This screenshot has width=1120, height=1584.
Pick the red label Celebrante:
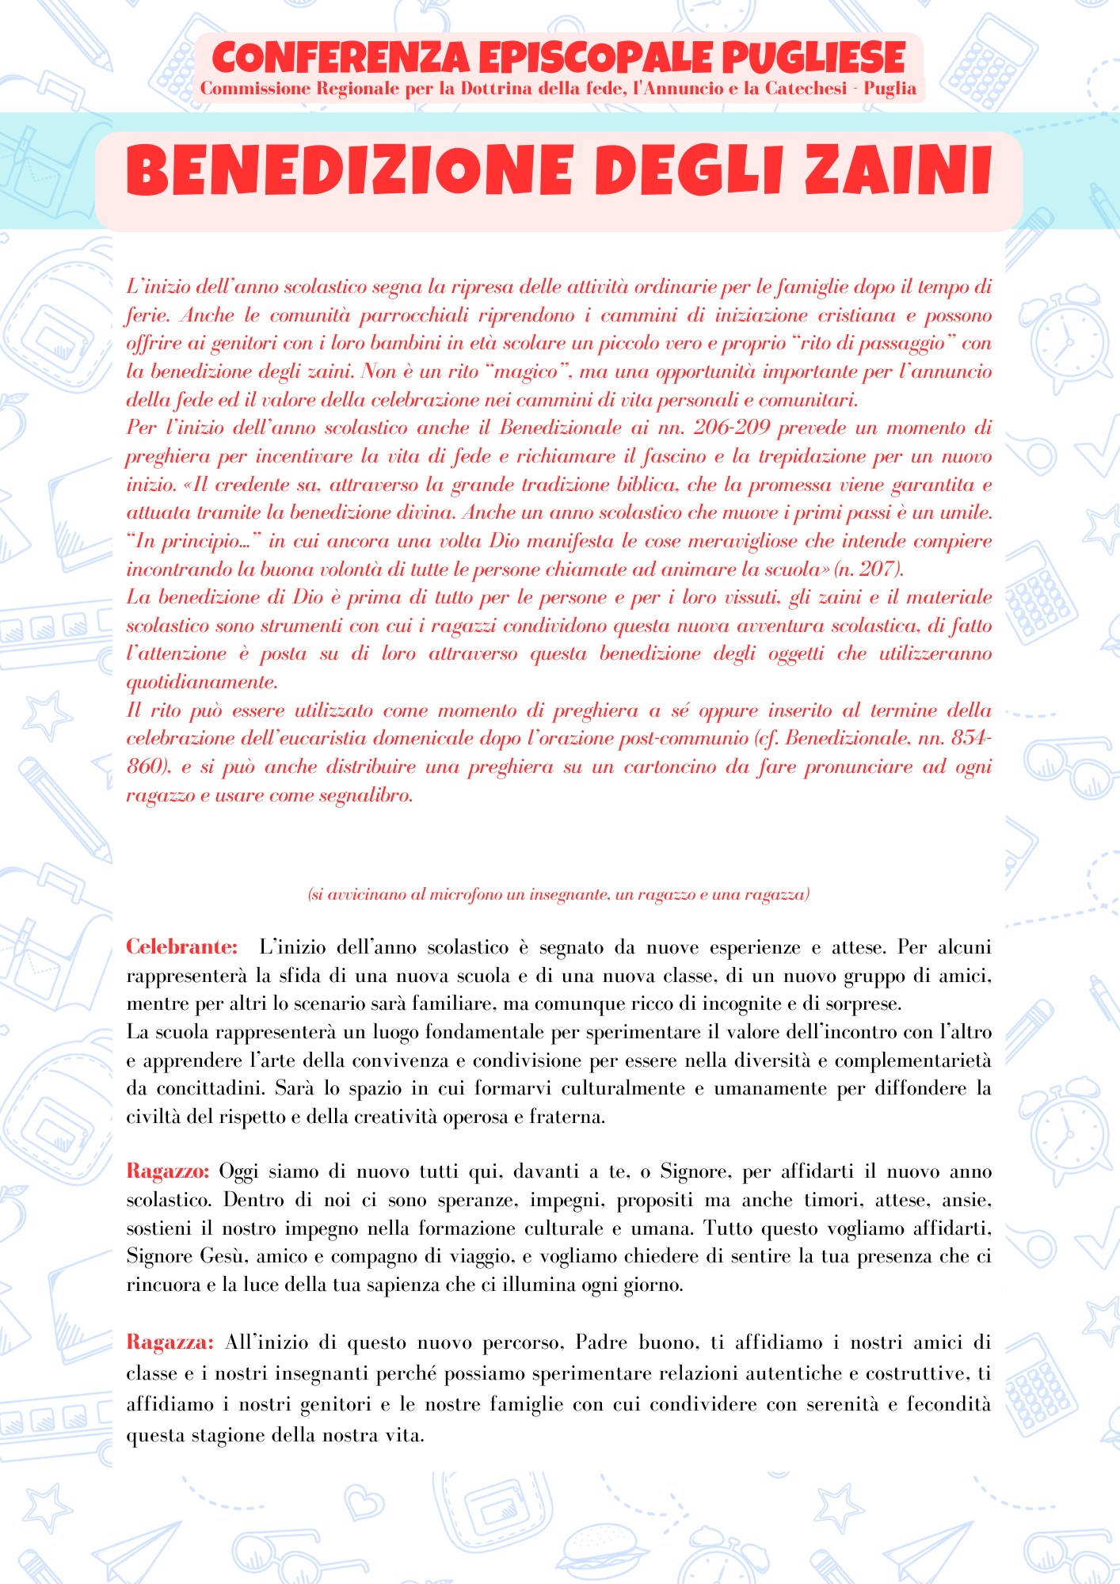click(182, 947)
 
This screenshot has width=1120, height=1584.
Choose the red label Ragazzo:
click(168, 1171)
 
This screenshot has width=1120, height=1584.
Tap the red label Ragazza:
click(170, 1342)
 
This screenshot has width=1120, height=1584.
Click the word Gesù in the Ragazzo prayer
click(223, 1257)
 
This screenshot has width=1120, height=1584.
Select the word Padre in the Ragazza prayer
click(602, 1342)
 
